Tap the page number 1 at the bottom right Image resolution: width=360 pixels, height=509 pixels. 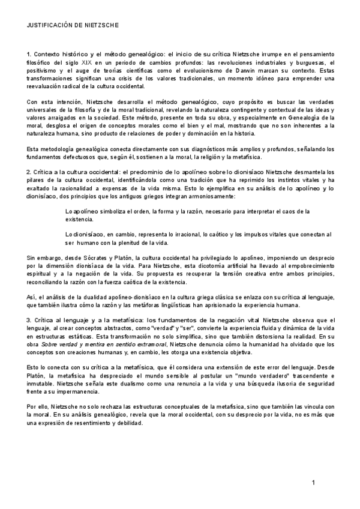point(313,483)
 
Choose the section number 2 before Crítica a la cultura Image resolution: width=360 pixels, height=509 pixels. point(29,172)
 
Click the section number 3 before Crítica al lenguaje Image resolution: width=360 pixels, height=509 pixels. point(29,320)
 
